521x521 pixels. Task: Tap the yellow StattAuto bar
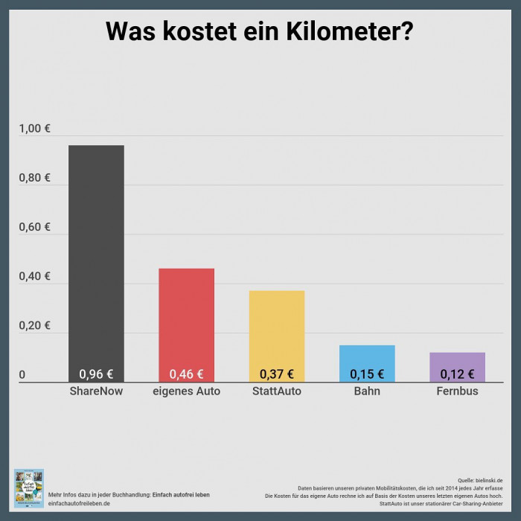pyautogui.click(x=276, y=327)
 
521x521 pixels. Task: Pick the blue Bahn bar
pyautogui.click(x=367, y=357)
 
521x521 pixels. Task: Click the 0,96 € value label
pyautogui.click(x=96, y=374)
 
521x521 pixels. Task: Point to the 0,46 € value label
pyautogui.click(x=186, y=374)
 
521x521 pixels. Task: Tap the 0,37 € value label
pyautogui.click(x=276, y=374)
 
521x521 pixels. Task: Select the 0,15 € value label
pyautogui.click(x=367, y=374)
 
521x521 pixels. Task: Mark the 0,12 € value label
pyautogui.click(x=457, y=374)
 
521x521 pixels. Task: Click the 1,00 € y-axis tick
pyautogui.click(x=35, y=129)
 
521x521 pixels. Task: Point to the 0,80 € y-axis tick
pyautogui.click(x=35, y=178)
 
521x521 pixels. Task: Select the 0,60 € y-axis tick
pyautogui.click(x=35, y=227)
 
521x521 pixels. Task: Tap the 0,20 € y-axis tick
pyautogui.click(x=35, y=325)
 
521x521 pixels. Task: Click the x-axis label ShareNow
pyautogui.click(x=96, y=391)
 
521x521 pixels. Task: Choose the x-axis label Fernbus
pyautogui.click(x=457, y=391)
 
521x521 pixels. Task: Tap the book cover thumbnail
pyautogui.click(x=29, y=488)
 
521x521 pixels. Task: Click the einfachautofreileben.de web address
pyautogui.click(x=79, y=504)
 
